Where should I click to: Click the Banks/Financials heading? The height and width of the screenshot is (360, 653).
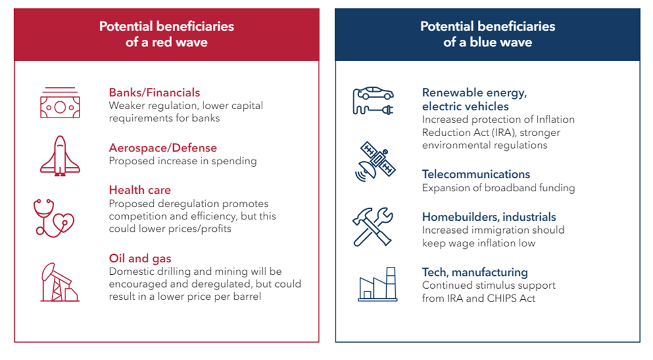pyautogui.click(x=154, y=92)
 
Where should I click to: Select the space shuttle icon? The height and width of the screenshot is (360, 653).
pyautogui.click(x=60, y=155)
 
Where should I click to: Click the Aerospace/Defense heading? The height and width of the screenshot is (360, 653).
pyautogui.click(x=163, y=148)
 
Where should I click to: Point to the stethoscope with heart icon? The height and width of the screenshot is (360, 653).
pyautogui.click(x=54, y=218)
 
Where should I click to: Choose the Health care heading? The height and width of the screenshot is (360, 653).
pyautogui.click(x=139, y=190)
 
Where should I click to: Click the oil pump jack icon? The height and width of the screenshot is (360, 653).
pyautogui.click(x=60, y=282)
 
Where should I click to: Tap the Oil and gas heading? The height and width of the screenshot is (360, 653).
pyautogui.click(x=140, y=259)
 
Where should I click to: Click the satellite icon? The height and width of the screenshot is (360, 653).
pyautogui.click(x=375, y=162)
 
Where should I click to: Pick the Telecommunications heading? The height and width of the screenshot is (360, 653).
pyautogui.click(x=476, y=174)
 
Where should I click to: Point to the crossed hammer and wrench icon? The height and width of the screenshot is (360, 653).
pyautogui.click(x=373, y=227)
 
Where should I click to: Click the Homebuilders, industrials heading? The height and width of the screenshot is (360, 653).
pyautogui.click(x=489, y=217)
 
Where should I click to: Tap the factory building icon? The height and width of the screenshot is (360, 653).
pyautogui.click(x=378, y=284)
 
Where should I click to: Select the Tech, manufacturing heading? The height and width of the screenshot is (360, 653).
pyautogui.click(x=475, y=273)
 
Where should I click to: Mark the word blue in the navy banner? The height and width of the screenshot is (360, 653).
pyautogui.click(x=483, y=42)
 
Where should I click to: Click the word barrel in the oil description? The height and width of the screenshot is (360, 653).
pyautogui.click(x=248, y=296)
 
